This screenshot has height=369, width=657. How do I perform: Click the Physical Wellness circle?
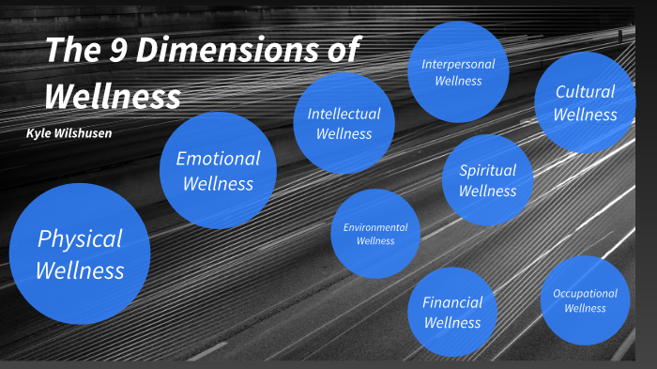[x=80, y=254]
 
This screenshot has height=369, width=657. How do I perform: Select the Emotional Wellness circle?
[x=218, y=170]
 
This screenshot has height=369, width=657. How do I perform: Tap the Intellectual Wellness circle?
[x=344, y=123]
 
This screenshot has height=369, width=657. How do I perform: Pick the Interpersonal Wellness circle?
[x=458, y=71]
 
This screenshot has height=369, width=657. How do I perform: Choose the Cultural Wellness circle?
[x=585, y=102]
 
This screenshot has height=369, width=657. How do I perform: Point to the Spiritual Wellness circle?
[x=487, y=180]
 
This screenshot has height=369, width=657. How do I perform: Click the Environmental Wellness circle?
[x=375, y=234]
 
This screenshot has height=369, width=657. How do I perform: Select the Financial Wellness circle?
[x=452, y=312]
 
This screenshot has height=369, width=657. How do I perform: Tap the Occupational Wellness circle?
[x=585, y=300]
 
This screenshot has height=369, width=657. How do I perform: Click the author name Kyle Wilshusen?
[x=69, y=132]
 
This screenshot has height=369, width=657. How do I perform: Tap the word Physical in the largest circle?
[x=80, y=238]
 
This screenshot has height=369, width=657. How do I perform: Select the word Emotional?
[x=218, y=159]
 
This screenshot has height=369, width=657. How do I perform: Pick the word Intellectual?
[x=344, y=114]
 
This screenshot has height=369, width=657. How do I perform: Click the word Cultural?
[x=585, y=92]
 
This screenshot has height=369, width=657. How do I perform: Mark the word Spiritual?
[x=487, y=170]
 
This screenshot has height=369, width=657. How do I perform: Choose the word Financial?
[x=452, y=302]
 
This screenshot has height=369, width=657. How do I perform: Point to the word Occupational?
[x=585, y=293]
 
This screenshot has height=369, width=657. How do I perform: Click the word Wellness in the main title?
[x=112, y=94]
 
